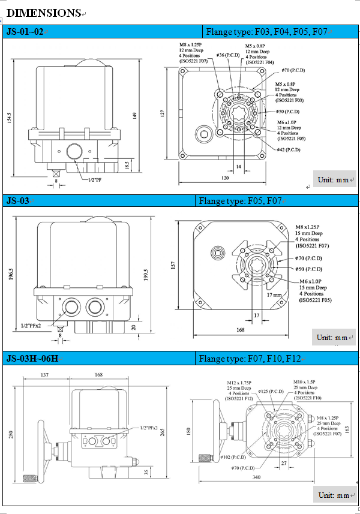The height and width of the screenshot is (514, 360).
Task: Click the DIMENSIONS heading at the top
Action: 43,12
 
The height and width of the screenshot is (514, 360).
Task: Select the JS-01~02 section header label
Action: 25,32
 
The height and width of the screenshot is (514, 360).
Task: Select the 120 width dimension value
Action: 225,178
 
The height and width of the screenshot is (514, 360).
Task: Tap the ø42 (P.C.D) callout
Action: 289,149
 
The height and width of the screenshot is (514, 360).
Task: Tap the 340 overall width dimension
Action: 256,477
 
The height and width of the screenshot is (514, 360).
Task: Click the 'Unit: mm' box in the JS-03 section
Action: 334,338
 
